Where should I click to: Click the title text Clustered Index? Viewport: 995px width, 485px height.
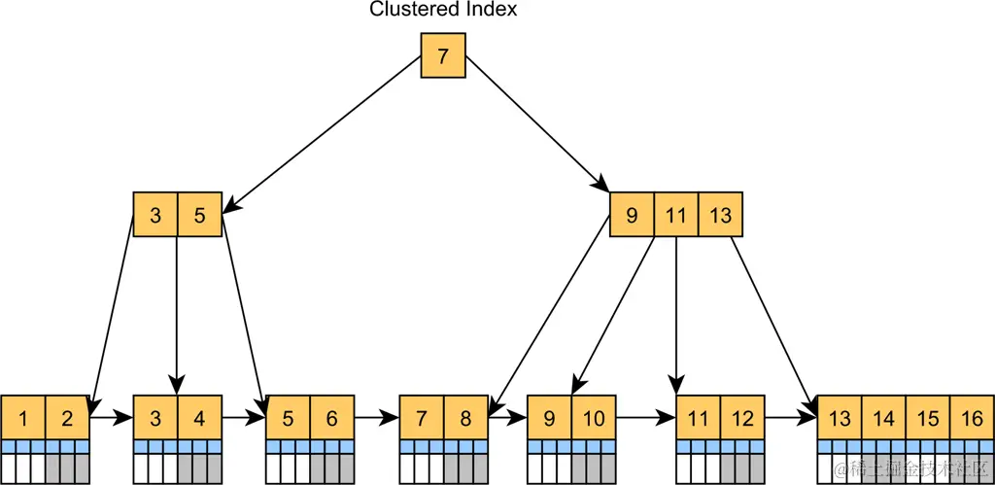point(443,10)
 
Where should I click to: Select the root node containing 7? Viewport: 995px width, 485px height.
point(443,55)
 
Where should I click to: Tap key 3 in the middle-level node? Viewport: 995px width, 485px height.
point(155,215)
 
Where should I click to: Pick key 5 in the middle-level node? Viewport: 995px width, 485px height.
point(200,215)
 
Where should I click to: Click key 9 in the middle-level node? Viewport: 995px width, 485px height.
point(632,215)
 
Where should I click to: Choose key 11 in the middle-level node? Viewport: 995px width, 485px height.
point(676,215)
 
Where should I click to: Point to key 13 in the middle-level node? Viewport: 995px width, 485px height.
point(720,215)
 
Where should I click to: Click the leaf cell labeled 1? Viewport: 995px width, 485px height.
point(22,418)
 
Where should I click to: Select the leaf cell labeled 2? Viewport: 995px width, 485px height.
point(67,418)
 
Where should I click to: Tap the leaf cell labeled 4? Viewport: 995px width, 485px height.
point(199,418)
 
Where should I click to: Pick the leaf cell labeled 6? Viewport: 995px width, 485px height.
point(332,418)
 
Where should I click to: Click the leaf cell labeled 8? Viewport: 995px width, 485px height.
point(465,418)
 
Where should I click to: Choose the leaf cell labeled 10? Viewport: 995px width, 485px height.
point(594,418)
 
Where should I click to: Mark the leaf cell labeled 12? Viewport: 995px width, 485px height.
point(742,418)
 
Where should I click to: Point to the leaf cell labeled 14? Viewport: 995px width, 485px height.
point(884,418)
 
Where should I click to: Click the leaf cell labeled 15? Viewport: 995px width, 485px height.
point(928,418)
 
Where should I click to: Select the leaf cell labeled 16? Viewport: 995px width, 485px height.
point(972,418)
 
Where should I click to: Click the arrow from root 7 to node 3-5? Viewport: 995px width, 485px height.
point(326,132)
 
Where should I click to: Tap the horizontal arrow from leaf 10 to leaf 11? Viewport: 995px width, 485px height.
point(645,418)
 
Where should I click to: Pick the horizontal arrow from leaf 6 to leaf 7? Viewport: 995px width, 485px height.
point(377,418)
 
